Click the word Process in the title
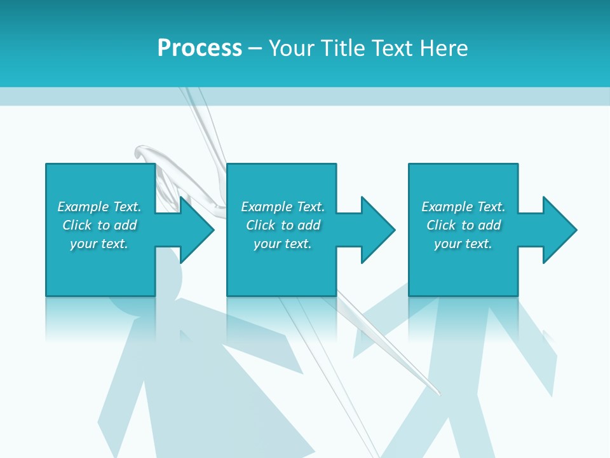pos(200,48)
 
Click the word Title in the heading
pos(341,48)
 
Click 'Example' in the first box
pos(83,207)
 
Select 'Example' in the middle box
pos(266,207)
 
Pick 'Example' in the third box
pos(447,207)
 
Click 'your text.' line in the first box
pos(99,244)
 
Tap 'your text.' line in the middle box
pos(283,244)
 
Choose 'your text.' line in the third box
pos(463,244)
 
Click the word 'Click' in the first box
pos(77,225)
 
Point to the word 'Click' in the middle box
pos(261,225)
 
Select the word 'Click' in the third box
pos(441,225)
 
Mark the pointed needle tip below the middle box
pos(437,393)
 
